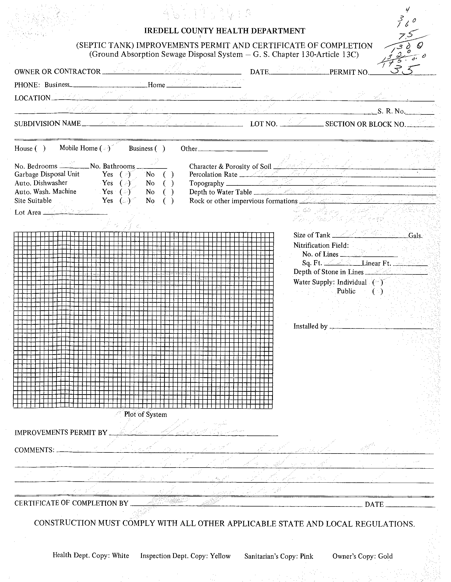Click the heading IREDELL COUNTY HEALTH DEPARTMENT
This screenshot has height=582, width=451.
click(224, 31)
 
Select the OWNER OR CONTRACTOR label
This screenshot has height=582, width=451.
click(57, 72)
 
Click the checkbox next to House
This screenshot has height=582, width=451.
click(40, 148)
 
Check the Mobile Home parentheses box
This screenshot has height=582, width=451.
click(105, 148)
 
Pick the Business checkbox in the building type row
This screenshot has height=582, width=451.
click(160, 148)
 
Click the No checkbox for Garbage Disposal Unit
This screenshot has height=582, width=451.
click(168, 174)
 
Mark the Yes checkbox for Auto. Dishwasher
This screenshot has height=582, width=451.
click(125, 183)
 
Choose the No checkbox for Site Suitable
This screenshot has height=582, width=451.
click(168, 201)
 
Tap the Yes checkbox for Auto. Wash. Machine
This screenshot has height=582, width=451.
click(125, 192)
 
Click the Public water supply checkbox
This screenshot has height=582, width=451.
click(377, 291)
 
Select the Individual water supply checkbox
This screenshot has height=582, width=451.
click(377, 282)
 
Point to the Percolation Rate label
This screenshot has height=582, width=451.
click(213, 175)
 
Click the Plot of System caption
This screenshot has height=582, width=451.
click(145, 414)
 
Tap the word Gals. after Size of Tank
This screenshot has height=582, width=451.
click(416, 236)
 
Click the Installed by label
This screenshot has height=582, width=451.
click(310, 326)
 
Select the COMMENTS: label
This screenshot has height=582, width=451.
click(34, 450)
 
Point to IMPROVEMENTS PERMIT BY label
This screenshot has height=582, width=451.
click(61, 432)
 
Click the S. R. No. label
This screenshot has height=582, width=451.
click(391, 111)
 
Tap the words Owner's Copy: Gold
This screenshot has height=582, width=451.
click(362, 556)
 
